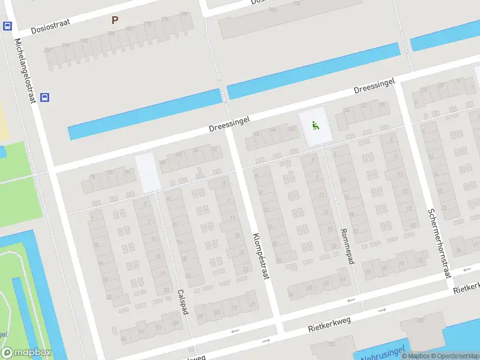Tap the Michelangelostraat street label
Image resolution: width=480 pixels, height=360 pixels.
click(25, 70)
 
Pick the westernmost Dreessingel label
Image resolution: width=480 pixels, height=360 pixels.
click(229, 124)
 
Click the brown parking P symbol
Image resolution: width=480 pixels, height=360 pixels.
click(115, 20)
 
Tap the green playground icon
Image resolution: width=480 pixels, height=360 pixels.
click(315, 125)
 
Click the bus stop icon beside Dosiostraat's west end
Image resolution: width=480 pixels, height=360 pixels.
click(7, 26)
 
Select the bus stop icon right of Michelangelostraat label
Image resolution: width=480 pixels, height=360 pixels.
click(45, 97)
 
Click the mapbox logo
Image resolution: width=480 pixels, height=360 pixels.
click(26, 352)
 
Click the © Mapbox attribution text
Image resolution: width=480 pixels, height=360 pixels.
click(416, 356)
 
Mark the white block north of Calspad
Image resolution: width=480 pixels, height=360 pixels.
click(148, 173)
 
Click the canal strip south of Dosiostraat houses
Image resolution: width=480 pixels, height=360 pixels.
click(144, 114)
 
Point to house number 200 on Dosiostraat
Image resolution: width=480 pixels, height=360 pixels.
click(49, 50)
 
